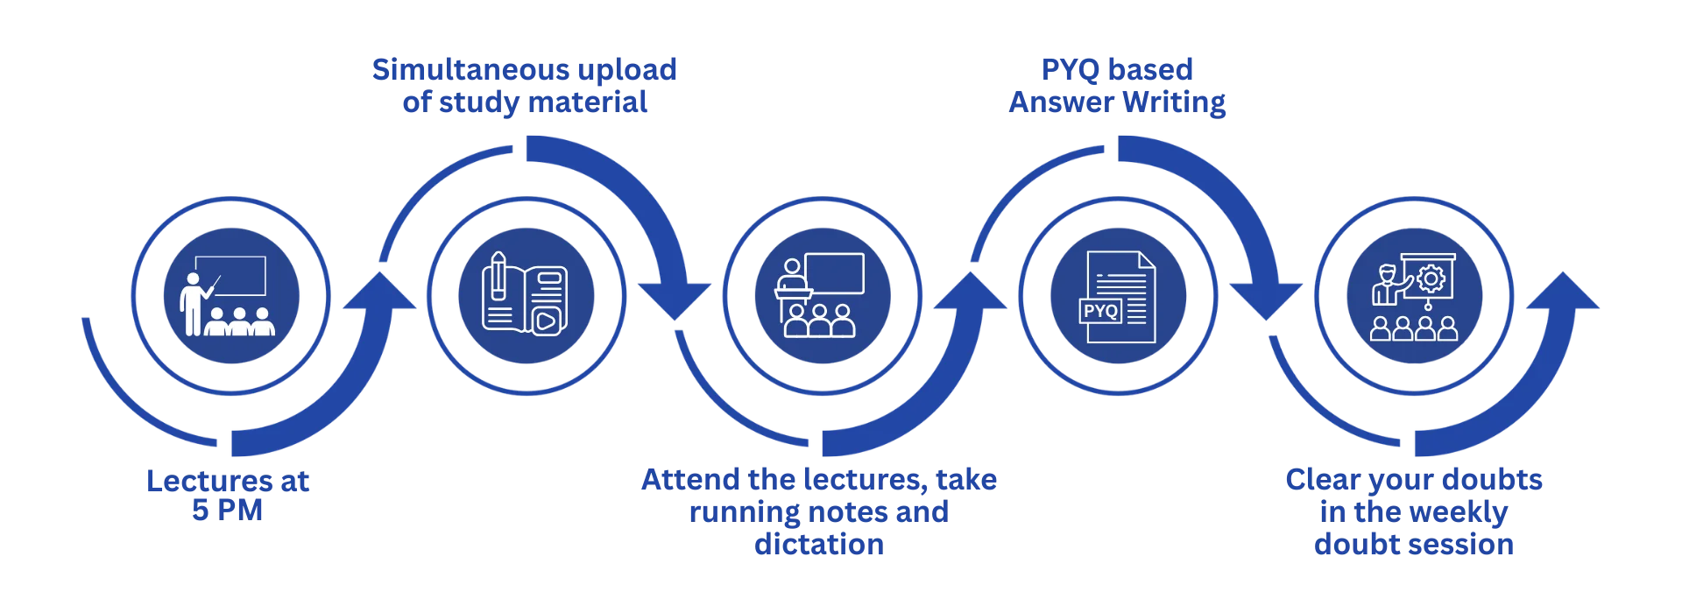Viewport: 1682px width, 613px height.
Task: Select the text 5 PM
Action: pos(228,511)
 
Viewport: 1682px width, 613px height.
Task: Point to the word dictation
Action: pos(819,545)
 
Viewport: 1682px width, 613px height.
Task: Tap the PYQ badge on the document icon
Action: pos(1100,311)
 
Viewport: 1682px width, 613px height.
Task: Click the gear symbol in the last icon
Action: pos(1431,278)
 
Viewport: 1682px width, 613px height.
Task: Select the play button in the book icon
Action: pos(544,321)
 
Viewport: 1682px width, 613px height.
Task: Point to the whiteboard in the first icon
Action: pos(230,275)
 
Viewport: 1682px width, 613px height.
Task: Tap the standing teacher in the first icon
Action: pos(190,303)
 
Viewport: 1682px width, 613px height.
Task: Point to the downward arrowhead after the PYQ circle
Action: pos(1265,301)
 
